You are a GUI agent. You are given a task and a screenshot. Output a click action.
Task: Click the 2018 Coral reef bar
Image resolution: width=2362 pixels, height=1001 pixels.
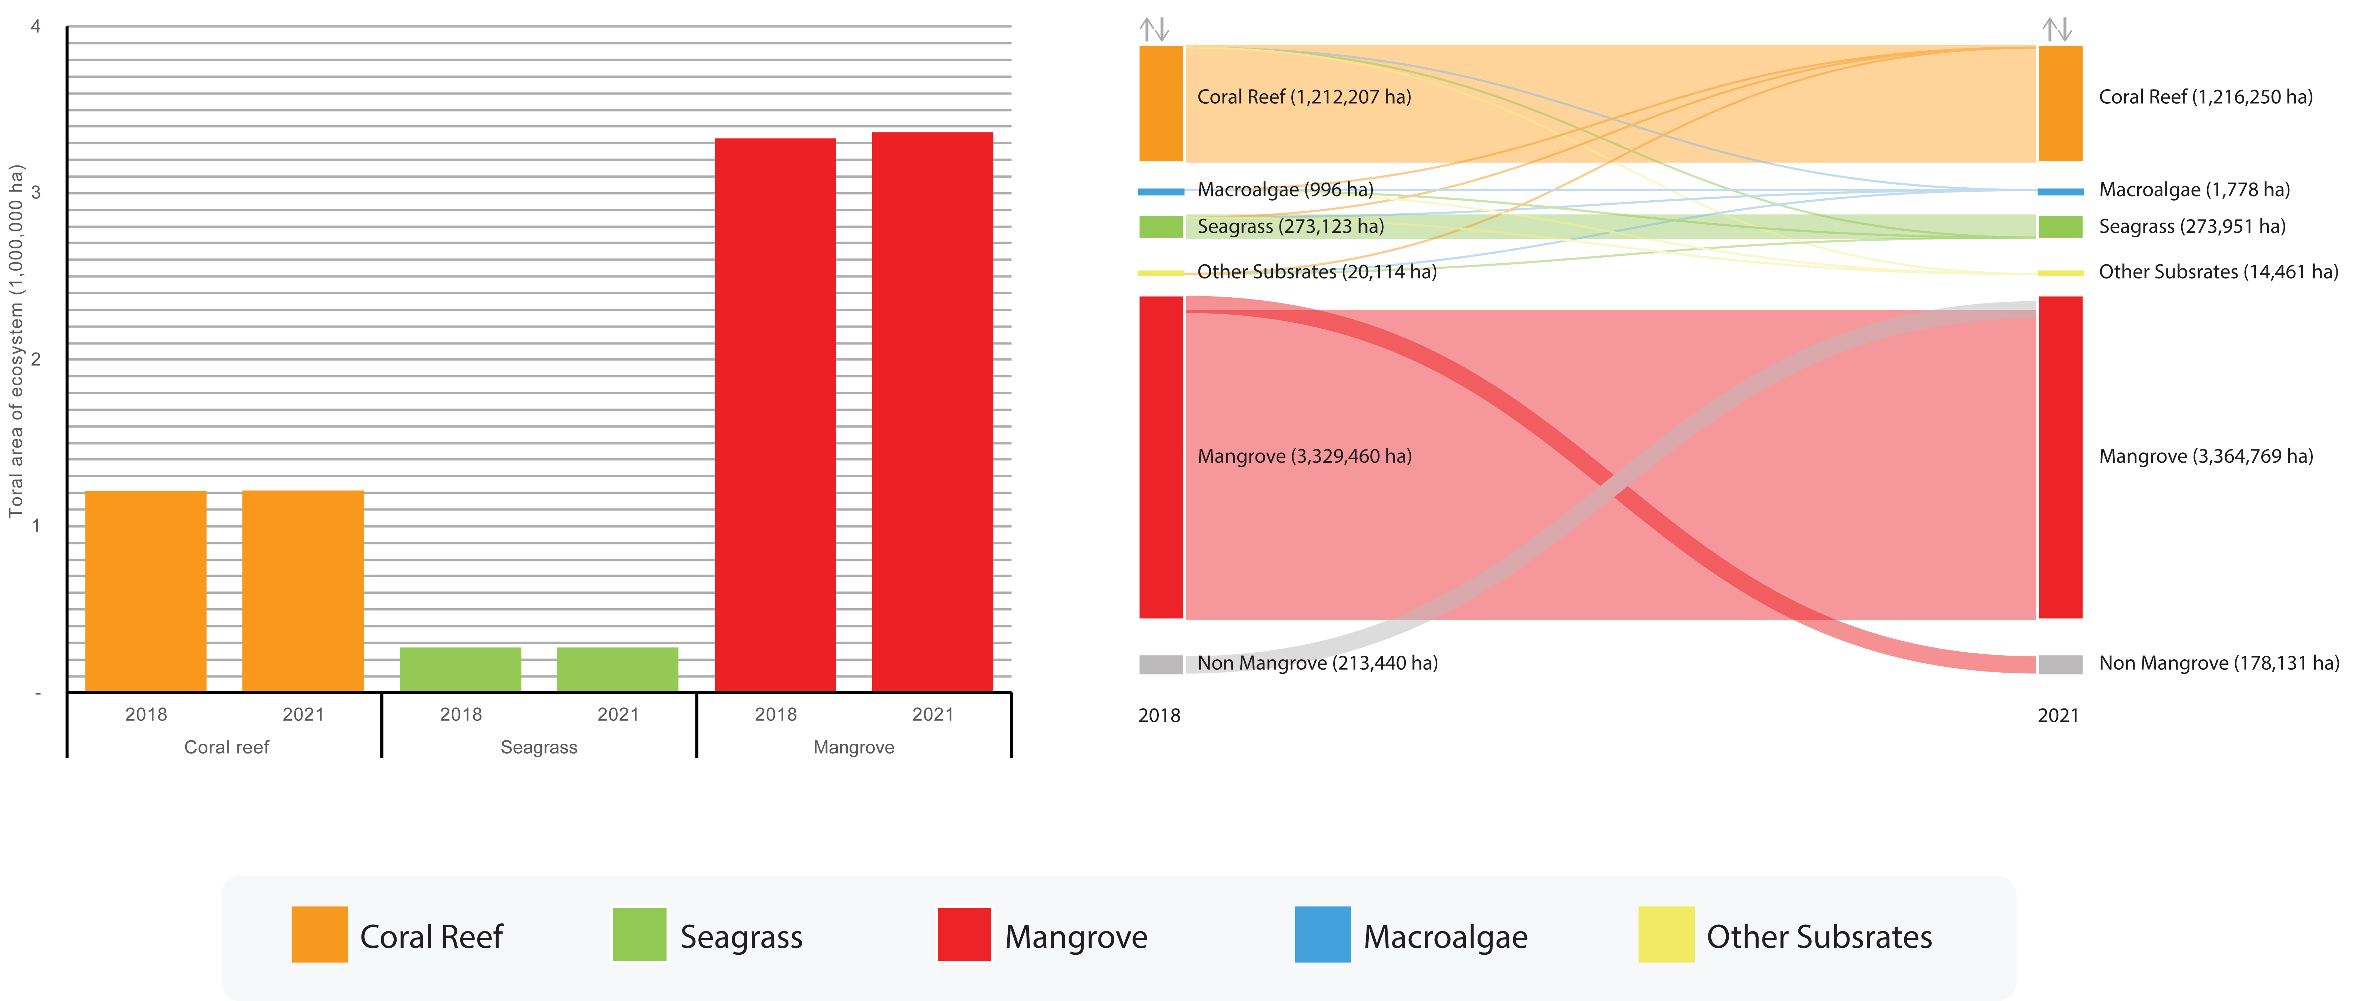click(146, 591)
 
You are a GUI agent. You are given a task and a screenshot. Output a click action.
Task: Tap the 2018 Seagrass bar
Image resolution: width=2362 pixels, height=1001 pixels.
click(460, 669)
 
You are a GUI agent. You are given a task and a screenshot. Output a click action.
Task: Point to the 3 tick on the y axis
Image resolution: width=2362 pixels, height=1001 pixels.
click(36, 192)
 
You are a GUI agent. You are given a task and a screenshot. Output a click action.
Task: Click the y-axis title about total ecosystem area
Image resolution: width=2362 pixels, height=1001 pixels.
click(16, 341)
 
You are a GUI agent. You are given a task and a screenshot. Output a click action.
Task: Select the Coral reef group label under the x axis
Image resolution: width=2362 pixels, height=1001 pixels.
click(227, 747)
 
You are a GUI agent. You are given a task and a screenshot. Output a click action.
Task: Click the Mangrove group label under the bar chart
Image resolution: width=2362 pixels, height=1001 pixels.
click(854, 747)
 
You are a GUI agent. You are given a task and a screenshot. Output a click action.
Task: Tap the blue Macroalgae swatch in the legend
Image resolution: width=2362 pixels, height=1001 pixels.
click(1322, 934)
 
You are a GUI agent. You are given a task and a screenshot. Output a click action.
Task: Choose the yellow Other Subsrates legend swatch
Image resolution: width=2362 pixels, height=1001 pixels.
click(1666, 934)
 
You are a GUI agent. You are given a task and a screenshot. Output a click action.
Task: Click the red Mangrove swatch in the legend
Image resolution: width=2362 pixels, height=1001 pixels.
click(964, 934)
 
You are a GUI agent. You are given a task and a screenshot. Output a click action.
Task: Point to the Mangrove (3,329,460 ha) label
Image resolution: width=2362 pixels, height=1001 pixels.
click(1304, 456)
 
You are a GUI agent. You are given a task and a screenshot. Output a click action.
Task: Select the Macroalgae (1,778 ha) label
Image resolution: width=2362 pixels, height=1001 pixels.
click(2194, 190)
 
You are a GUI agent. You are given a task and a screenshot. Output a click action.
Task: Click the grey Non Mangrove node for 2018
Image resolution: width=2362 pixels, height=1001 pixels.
click(1161, 664)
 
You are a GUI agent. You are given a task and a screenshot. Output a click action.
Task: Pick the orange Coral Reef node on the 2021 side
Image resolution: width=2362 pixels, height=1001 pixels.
click(2060, 104)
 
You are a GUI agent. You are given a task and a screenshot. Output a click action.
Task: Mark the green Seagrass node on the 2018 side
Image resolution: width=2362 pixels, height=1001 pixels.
click(1161, 227)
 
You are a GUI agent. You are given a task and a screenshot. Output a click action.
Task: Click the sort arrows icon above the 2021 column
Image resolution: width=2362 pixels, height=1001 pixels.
click(2058, 29)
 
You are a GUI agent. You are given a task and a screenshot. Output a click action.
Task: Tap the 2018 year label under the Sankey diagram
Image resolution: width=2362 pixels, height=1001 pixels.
click(1159, 715)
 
